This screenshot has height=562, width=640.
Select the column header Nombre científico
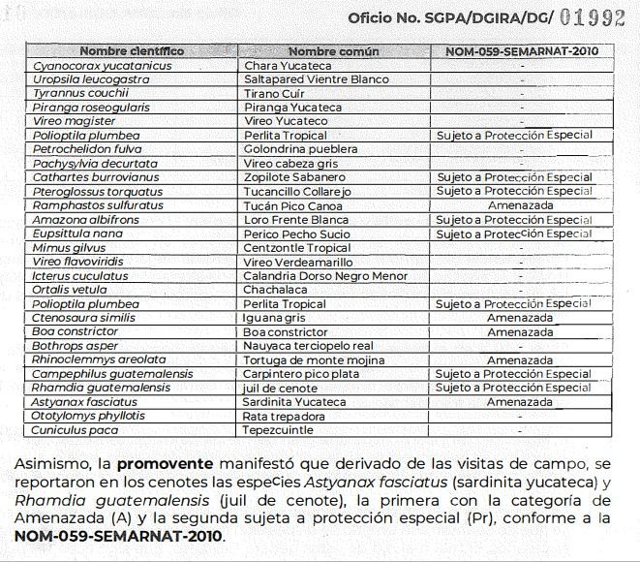[132, 51]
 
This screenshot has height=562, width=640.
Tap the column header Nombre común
[334, 51]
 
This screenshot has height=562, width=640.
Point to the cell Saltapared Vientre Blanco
[316, 78]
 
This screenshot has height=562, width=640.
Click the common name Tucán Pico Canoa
[294, 205]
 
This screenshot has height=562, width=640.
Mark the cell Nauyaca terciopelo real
[308, 346]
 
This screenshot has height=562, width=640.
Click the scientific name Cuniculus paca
[75, 429]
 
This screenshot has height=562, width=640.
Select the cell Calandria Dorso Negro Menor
[319, 275]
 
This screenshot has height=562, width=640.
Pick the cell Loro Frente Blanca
[295, 220]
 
